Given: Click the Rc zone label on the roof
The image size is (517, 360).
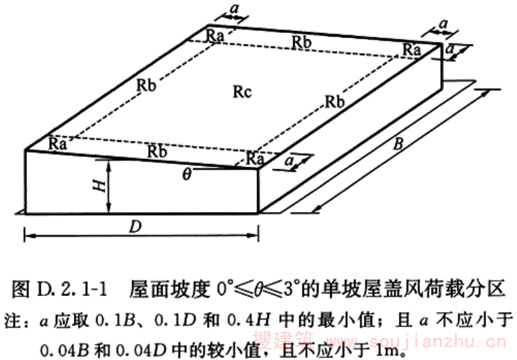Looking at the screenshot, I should click(241, 91).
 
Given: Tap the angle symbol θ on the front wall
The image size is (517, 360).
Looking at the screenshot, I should click(187, 173).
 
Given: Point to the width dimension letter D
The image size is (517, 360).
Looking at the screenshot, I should click(136, 226).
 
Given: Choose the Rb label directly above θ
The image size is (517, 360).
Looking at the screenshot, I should click(156, 152).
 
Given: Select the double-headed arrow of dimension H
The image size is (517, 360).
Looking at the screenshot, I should click(111, 187).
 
